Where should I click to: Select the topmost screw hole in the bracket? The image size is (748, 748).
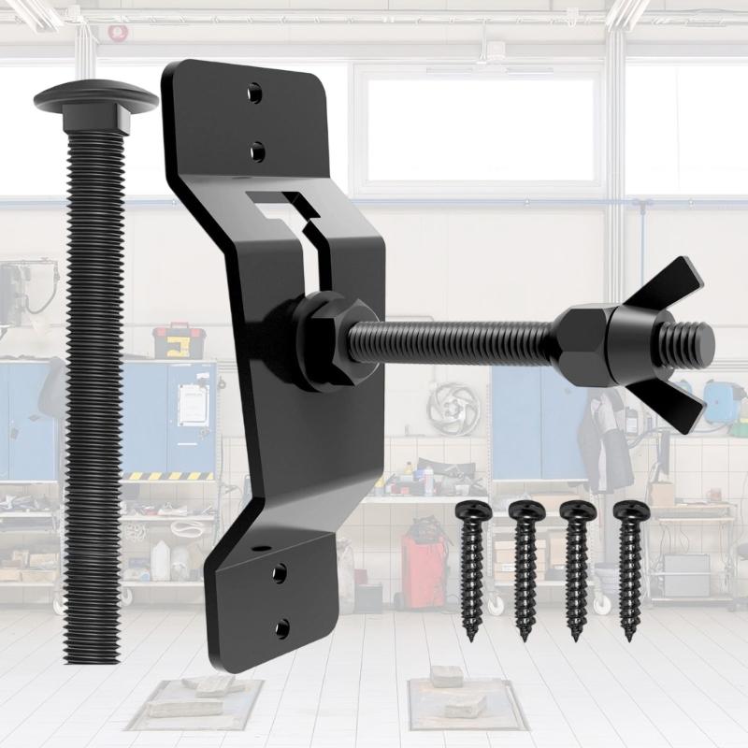click(x=254, y=93)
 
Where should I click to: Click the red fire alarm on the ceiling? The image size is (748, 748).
click(x=118, y=33)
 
